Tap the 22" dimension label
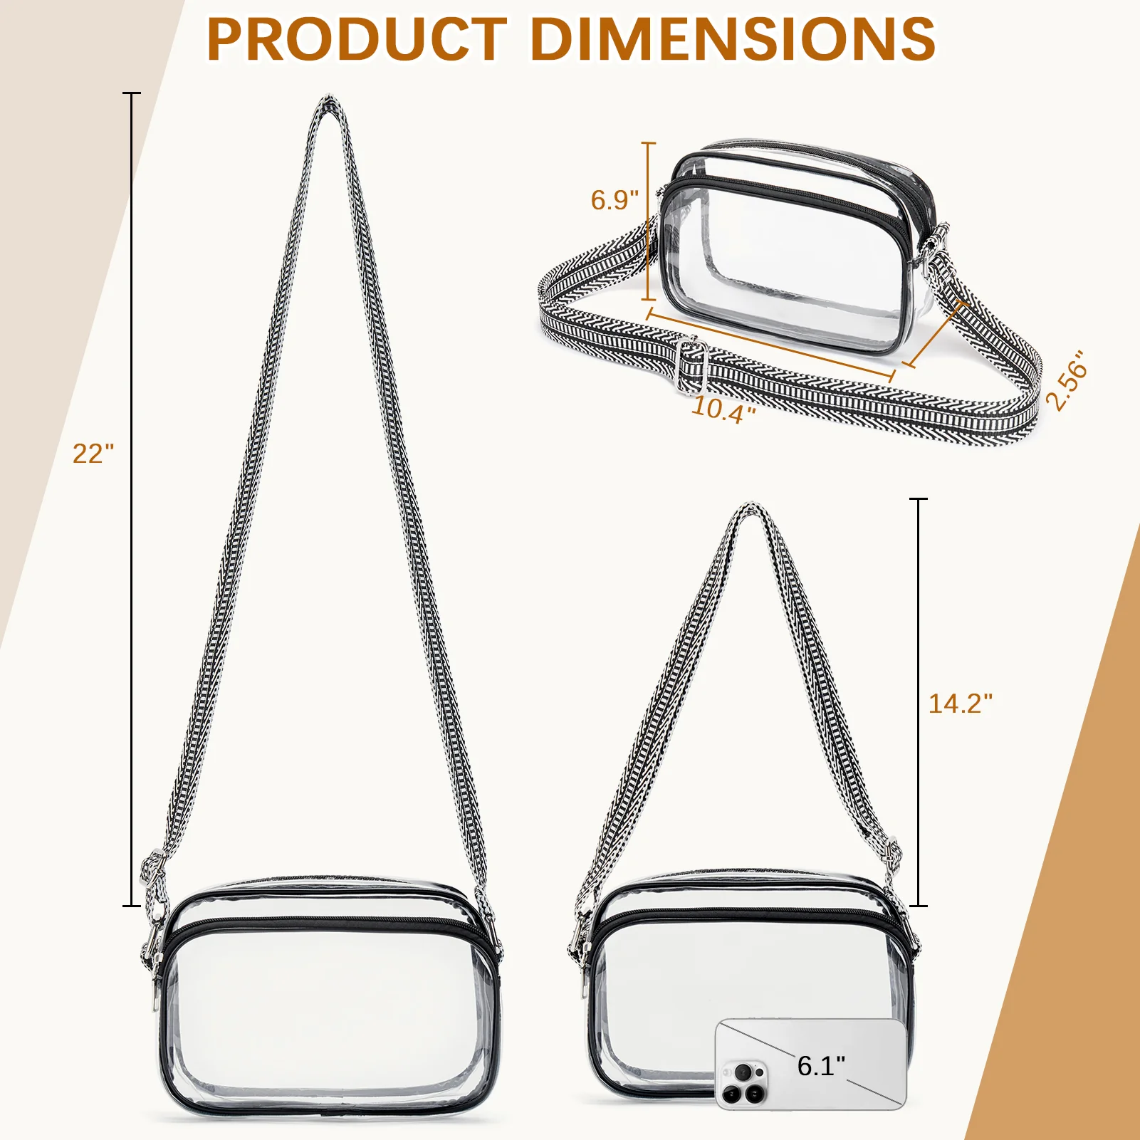(93, 454)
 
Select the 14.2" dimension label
(960, 704)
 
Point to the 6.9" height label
(615, 200)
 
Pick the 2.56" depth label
(1066, 380)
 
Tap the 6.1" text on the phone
(821, 1066)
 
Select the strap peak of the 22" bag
(328, 103)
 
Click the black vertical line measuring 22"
(132, 498)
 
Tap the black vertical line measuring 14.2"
(919, 701)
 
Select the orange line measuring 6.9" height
(648, 221)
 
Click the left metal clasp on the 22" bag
(155, 947)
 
